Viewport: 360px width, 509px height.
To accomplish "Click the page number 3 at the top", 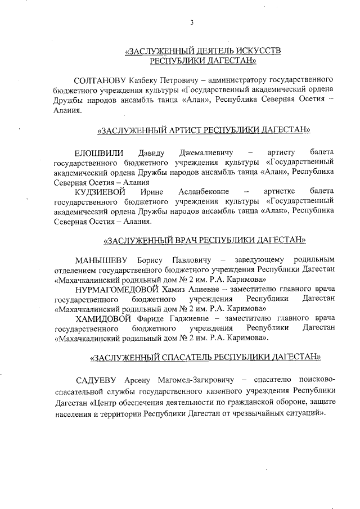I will (x=192, y=22).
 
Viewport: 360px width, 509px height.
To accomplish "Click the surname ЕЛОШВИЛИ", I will (x=98, y=153).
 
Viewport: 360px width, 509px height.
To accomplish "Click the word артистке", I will (x=280, y=192).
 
